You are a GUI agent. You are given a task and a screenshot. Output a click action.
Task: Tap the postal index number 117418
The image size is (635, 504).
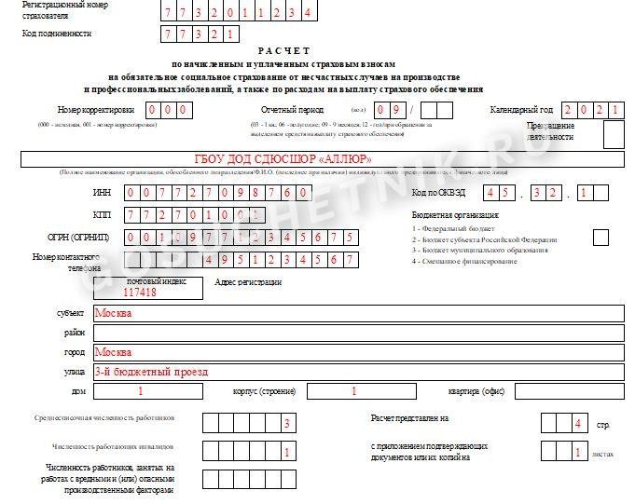(x=143, y=292)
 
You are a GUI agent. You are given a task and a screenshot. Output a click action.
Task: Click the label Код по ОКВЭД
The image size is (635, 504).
(x=437, y=193)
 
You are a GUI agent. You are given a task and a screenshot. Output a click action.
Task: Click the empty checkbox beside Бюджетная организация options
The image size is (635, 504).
(x=600, y=237)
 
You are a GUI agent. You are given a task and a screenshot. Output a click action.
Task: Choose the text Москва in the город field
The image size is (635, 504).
(x=114, y=352)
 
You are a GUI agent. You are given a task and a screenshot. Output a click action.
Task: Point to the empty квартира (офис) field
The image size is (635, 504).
(x=569, y=392)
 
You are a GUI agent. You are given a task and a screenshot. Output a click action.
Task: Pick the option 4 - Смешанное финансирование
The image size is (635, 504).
(x=465, y=261)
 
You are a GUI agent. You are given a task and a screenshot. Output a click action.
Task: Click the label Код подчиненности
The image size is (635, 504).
(x=57, y=34)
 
